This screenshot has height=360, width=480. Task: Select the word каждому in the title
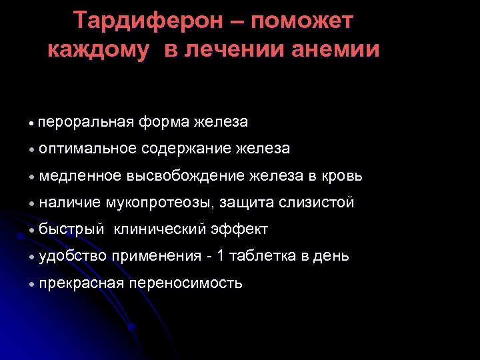point(99,50)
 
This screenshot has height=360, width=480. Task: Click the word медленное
point(81,176)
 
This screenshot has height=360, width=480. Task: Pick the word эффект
point(239,230)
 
